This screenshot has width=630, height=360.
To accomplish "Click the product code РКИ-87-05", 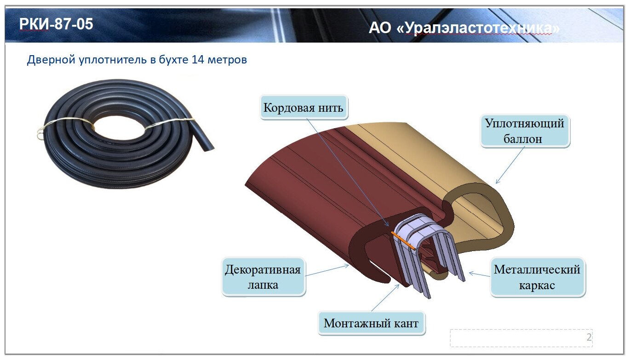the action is [56, 24].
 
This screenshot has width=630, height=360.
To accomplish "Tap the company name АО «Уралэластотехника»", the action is [464, 29].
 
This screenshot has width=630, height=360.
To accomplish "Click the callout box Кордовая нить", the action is [303, 108].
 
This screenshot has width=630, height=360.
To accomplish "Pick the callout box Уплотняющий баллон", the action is [524, 131].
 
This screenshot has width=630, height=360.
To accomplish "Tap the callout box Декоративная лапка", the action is [263, 277].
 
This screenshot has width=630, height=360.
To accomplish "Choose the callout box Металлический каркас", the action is [537, 277].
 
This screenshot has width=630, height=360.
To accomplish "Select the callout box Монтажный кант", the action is [371, 323].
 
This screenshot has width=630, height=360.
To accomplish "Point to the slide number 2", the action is [589, 337].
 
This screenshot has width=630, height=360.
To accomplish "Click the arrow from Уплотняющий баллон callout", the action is [510, 166].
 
